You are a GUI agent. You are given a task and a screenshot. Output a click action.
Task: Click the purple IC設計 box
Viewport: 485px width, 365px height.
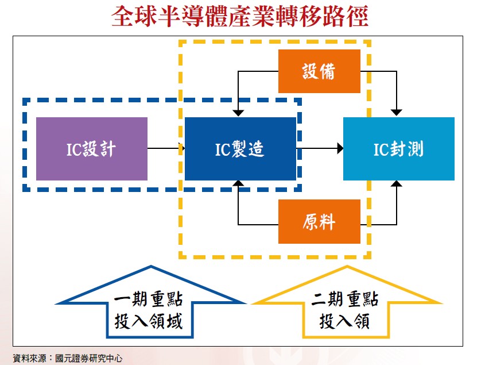tap(92, 149)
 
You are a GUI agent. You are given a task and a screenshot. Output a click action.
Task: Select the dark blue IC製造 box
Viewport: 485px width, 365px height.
tap(240, 149)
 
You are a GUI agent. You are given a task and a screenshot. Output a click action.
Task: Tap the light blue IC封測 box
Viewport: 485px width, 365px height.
tap(398, 149)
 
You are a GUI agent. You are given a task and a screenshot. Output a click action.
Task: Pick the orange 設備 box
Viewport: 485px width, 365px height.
tap(319, 71)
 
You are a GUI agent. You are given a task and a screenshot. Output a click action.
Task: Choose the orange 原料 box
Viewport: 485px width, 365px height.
tap(319, 221)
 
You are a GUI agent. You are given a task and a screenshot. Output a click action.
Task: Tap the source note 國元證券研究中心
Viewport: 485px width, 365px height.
tap(89, 358)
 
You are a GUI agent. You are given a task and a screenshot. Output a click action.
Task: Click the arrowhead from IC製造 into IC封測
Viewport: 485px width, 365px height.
tap(340, 149)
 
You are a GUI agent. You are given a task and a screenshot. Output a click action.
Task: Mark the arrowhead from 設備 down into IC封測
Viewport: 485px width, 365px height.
tap(397, 113)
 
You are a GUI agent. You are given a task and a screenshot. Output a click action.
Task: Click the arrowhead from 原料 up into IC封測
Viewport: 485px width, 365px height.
tap(397, 185)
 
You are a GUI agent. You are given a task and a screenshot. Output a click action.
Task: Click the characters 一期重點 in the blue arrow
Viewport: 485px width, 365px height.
tap(149, 300)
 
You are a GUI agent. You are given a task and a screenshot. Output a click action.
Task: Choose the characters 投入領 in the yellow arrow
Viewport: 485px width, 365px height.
tap(345, 321)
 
